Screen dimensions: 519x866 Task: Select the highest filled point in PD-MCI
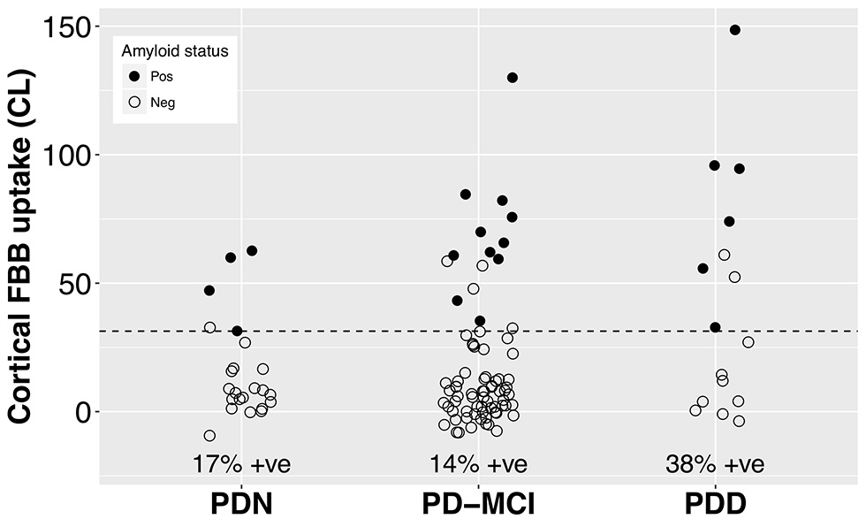point(512,78)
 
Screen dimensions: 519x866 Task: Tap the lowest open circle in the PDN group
point(209,435)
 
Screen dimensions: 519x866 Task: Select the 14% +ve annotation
point(478,464)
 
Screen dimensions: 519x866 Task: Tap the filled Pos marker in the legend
point(134,76)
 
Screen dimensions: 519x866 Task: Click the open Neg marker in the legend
point(134,102)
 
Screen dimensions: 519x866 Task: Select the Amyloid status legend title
point(175,51)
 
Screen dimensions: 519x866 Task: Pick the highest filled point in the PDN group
point(252,251)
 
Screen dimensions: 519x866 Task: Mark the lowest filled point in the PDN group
point(237,331)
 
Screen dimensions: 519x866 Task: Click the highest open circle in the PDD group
point(724,255)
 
